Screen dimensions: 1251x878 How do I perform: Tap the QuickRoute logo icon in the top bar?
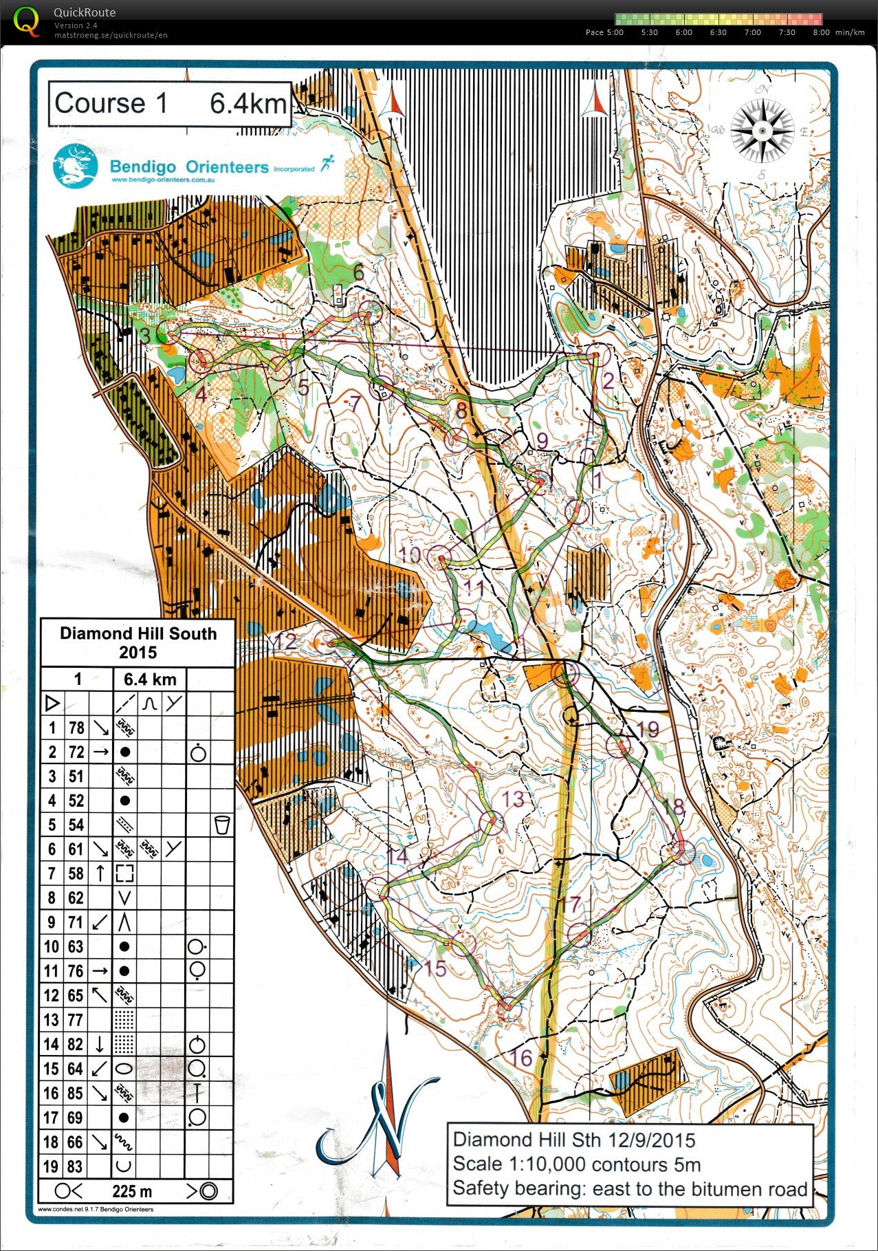[x=26, y=21]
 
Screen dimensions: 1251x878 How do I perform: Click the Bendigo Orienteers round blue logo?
[x=75, y=166]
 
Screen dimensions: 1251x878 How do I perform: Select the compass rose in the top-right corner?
[x=762, y=131]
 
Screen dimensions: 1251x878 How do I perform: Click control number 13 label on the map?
[x=513, y=799]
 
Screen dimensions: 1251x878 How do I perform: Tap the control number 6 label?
[x=358, y=272]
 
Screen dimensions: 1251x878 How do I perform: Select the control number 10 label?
[x=410, y=554]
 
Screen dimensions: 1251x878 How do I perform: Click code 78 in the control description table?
[x=76, y=728]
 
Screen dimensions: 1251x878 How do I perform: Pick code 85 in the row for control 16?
[x=76, y=1093]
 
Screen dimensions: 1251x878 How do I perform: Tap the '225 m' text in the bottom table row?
[x=132, y=1191]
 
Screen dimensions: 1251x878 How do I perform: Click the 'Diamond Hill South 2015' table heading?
[x=138, y=642]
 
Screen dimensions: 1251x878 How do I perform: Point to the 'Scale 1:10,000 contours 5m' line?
[x=576, y=1164]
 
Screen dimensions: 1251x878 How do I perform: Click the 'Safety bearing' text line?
[x=629, y=1188]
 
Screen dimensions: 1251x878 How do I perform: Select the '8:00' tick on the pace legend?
[x=820, y=32]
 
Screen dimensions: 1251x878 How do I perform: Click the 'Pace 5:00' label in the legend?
[x=604, y=32]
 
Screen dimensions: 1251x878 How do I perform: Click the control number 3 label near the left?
[x=145, y=335]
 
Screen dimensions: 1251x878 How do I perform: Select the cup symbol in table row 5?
[x=221, y=825]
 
